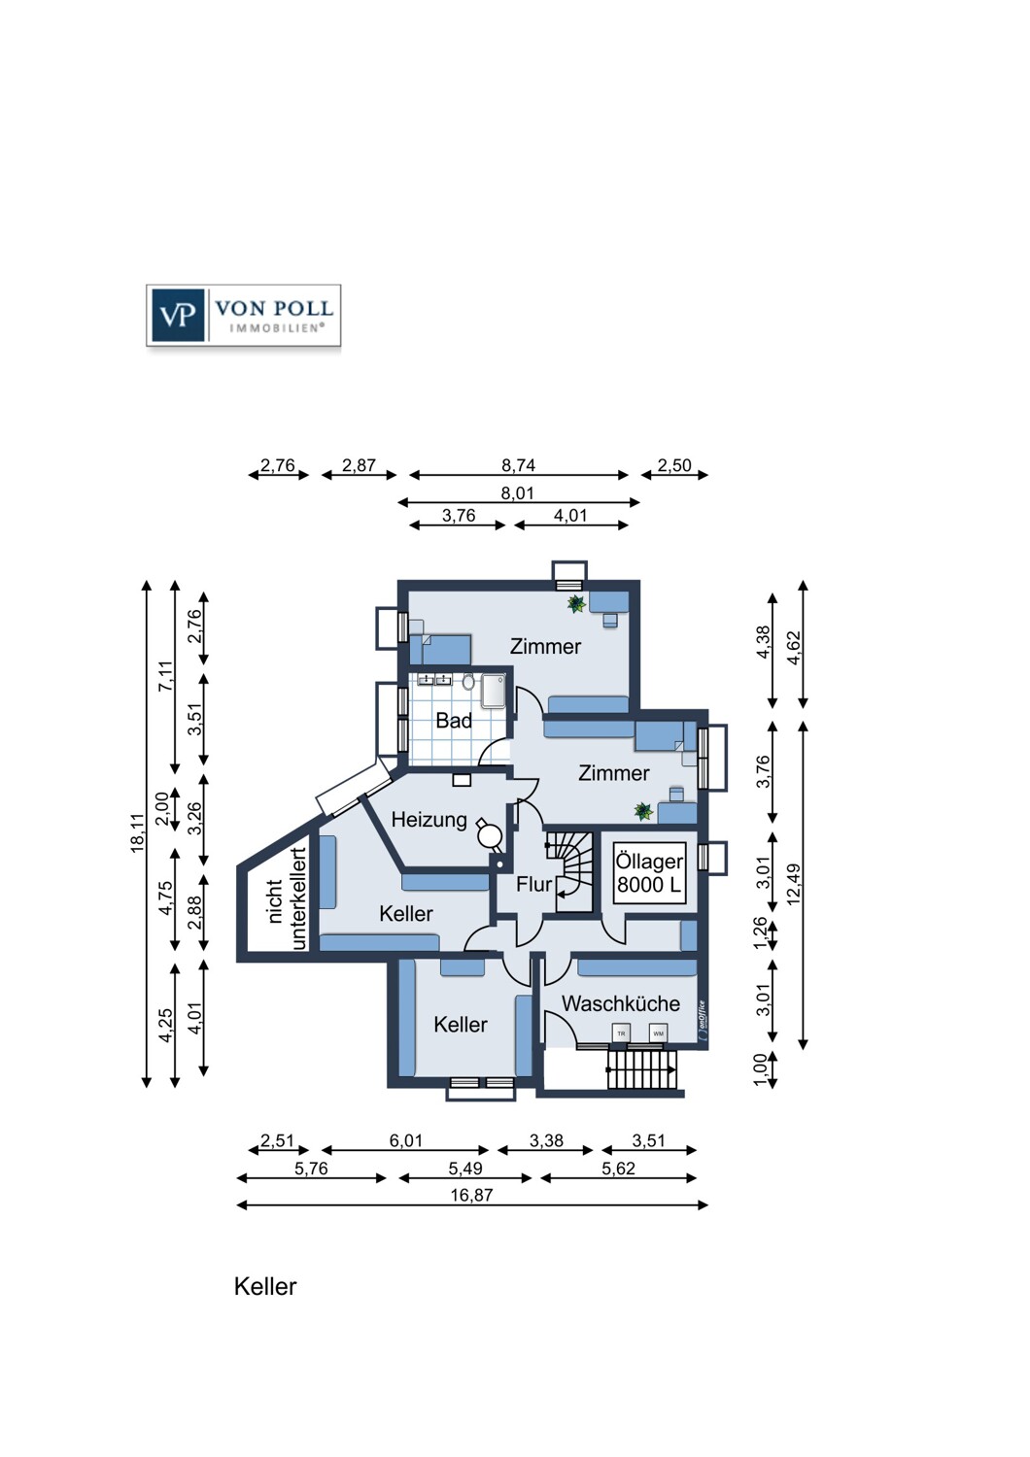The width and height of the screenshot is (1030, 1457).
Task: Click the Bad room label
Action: click(454, 721)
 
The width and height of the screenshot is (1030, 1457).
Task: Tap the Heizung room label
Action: click(429, 820)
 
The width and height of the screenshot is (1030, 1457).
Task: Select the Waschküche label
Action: click(620, 1003)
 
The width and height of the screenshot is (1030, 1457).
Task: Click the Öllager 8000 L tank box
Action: click(649, 873)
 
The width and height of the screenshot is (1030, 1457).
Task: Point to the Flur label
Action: click(533, 884)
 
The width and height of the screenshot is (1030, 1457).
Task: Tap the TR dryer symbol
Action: click(621, 1033)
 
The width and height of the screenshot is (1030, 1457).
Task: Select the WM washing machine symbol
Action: click(658, 1033)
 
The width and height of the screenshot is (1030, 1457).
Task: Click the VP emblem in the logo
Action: click(177, 316)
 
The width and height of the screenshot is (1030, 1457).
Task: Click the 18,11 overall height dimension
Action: click(145, 833)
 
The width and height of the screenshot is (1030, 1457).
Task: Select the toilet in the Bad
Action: click(468, 682)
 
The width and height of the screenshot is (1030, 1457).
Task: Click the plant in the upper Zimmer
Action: click(576, 604)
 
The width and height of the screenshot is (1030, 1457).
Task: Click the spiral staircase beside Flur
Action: click(569, 870)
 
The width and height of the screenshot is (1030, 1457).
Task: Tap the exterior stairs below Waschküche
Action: click(643, 1071)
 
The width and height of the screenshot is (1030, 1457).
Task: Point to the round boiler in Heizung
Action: click(489, 833)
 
